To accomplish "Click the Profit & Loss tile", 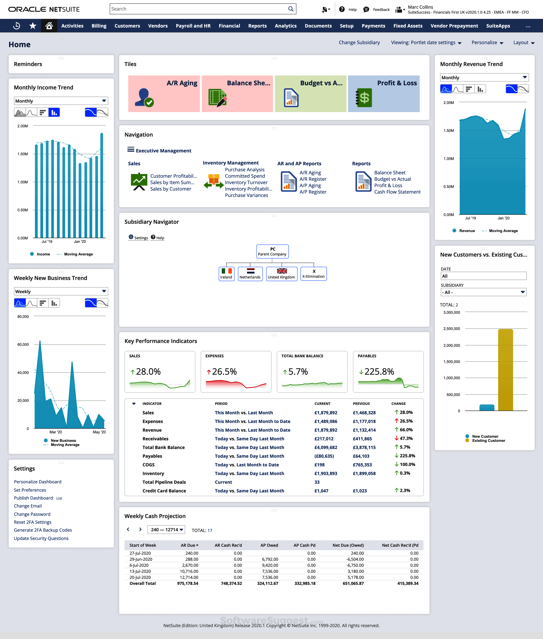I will (383, 94).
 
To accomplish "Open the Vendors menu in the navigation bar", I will (158, 26).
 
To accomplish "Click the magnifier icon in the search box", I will (291, 9).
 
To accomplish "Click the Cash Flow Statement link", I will (397, 192).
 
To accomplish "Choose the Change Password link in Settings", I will (32, 514).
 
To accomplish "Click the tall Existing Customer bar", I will (505, 370).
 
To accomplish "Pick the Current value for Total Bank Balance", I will (326, 448).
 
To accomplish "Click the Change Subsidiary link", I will (359, 42).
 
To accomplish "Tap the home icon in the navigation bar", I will (49, 26).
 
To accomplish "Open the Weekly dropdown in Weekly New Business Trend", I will (61, 291).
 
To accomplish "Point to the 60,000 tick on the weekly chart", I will (23, 345).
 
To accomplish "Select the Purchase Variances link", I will (246, 195).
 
